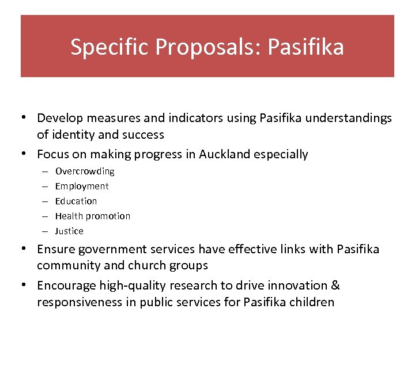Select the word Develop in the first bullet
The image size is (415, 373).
pyautogui.click(x=59, y=119)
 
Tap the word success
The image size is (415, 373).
pyautogui.click(x=144, y=135)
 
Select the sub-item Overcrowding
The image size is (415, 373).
pyautogui.click(x=85, y=172)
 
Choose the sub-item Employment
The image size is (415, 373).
pyautogui.click(x=82, y=186)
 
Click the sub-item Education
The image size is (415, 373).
pyautogui.click(x=76, y=201)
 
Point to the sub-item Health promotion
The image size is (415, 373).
pyautogui.click(x=93, y=216)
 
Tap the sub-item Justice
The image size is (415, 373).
pyautogui.click(x=69, y=231)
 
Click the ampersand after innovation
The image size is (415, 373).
pyautogui.click(x=335, y=286)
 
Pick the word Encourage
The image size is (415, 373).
pyautogui.click(x=66, y=286)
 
